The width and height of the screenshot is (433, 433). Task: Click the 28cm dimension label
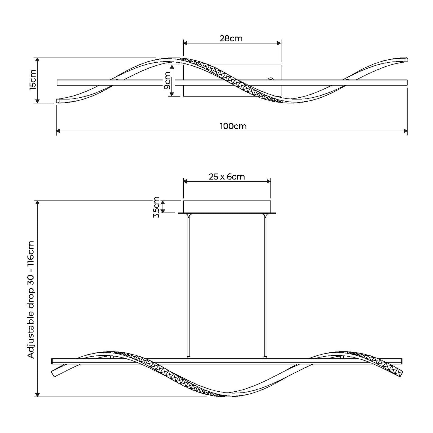tap(231, 39)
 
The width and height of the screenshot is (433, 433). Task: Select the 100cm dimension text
tap(233, 126)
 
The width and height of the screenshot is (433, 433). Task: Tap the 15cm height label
tap(33, 80)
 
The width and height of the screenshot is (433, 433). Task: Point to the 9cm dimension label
tap(167, 80)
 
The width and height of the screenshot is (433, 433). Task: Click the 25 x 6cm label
tap(227, 177)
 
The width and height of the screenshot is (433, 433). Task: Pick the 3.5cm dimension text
tap(156, 207)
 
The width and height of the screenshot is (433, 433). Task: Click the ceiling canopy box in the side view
tap(227, 207)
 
